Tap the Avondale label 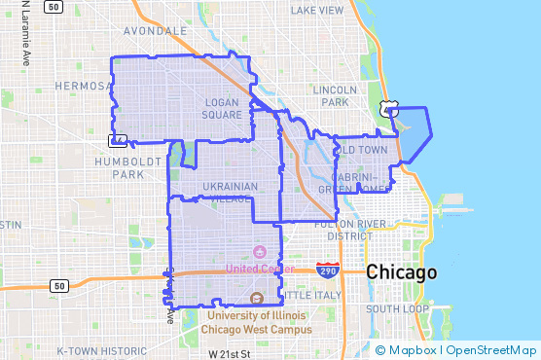pyautogui.click(x=156, y=31)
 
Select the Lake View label pyautogui.click(x=316, y=10)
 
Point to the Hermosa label pyautogui.click(x=79, y=85)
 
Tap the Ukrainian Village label pyautogui.click(x=230, y=192)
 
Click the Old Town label pyautogui.click(x=360, y=150)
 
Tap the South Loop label pyautogui.click(x=398, y=308)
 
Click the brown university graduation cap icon pyautogui.click(x=256, y=299)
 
